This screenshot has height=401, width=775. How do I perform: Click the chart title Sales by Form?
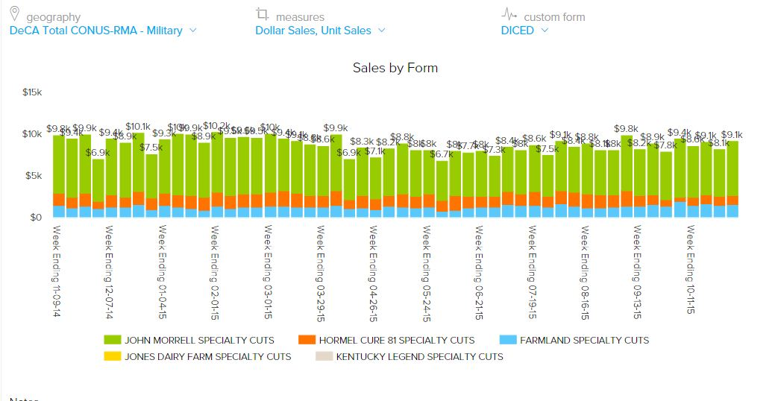pyautogui.click(x=395, y=68)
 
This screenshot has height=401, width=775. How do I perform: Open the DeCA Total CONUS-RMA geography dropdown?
pyautogui.click(x=103, y=31)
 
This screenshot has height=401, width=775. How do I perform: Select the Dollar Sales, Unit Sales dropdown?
pyautogui.click(x=320, y=31)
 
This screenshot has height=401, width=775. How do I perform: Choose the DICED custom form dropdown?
pyautogui.click(x=524, y=31)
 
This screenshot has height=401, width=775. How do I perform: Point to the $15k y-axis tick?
pyautogui.click(x=32, y=92)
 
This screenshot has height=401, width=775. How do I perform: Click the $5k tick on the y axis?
pyautogui.click(x=34, y=176)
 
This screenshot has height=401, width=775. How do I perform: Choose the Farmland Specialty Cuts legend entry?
pyautogui.click(x=576, y=340)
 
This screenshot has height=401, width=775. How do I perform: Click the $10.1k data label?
pyautogui.click(x=138, y=127)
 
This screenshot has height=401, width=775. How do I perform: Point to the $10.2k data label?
pyautogui.click(x=216, y=126)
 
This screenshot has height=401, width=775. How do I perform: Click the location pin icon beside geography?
pyautogui.click(x=15, y=14)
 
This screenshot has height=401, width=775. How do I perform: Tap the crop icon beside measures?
pyautogui.click(x=261, y=14)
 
